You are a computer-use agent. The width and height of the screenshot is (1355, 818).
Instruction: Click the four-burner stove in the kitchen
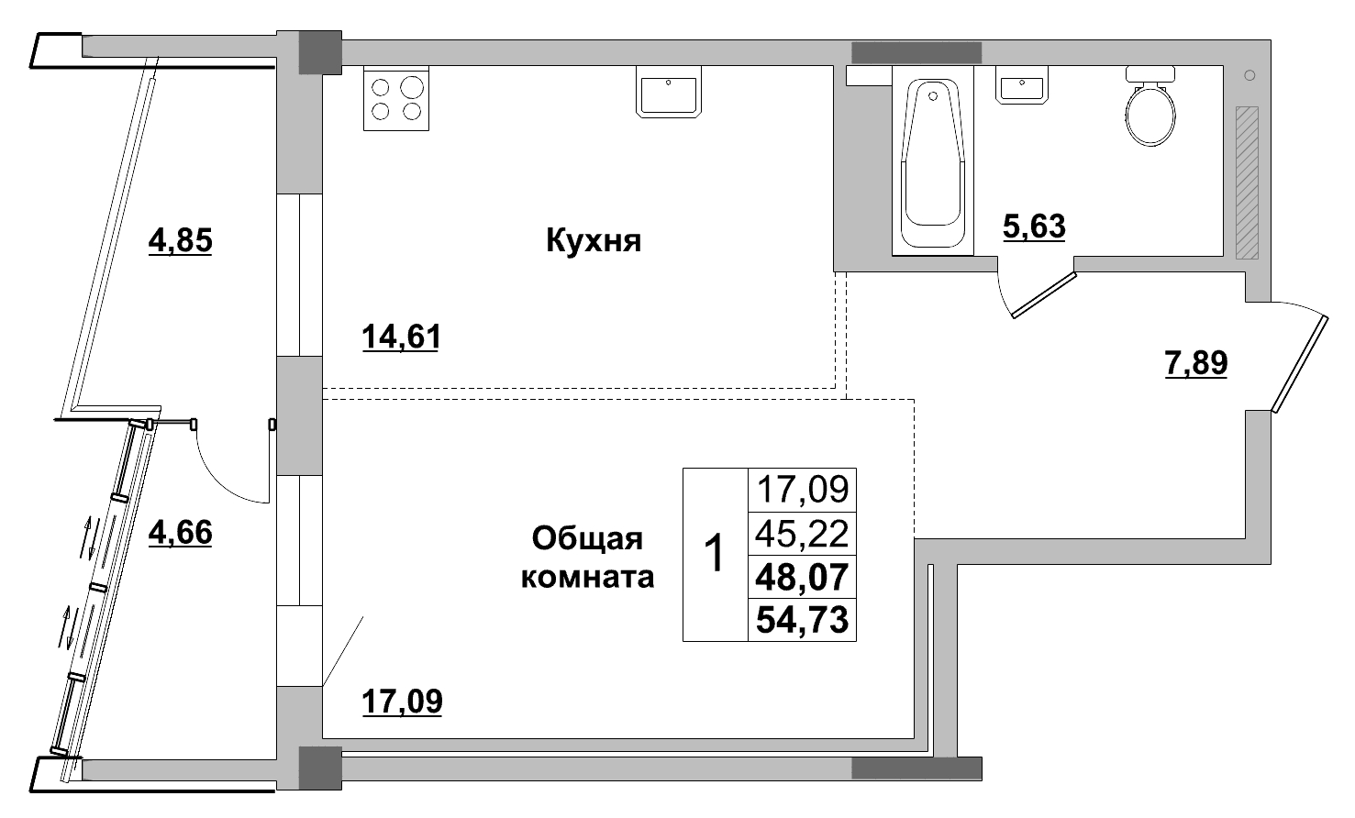click(396, 99)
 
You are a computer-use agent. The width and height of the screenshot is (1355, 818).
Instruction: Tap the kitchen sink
click(669, 92)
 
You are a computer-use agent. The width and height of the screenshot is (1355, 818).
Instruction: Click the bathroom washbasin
click(1021, 88)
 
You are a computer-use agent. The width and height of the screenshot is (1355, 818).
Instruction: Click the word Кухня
click(593, 241)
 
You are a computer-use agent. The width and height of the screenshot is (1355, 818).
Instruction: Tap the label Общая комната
click(587, 558)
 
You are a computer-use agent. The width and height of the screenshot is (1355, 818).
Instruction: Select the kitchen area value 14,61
click(401, 337)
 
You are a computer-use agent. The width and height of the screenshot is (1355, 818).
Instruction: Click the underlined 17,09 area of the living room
click(401, 702)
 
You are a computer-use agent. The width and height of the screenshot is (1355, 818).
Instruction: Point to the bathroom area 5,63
click(1034, 225)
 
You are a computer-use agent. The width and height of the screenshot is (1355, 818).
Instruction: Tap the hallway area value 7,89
click(1195, 364)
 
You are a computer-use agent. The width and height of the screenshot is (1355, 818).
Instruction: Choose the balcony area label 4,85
click(180, 241)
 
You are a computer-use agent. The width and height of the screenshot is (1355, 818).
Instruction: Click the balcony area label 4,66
click(180, 532)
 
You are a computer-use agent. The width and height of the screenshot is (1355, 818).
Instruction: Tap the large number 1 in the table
click(714, 554)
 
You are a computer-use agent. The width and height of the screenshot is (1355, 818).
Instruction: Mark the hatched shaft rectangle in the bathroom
click(1247, 182)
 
